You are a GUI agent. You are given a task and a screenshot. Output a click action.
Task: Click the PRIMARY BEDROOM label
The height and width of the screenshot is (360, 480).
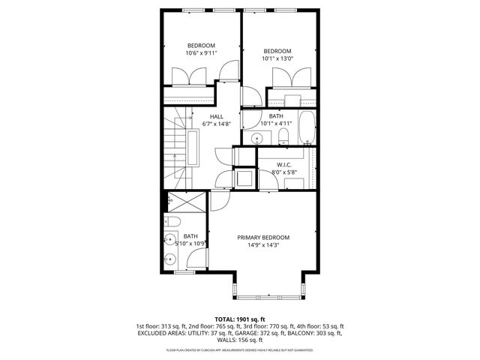pyautogui.click(x=263, y=238)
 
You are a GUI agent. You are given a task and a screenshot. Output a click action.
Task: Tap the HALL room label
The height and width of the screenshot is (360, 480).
pyautogui.click(x=216, y=116)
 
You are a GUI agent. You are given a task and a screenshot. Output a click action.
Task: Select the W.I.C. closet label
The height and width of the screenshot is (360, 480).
pyautogui.click(x=283, y=164)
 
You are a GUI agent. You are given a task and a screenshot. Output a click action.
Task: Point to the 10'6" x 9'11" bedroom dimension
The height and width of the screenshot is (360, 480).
pyautogui.click(x=201, y=53)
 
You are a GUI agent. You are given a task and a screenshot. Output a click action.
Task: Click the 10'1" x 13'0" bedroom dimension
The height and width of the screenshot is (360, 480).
pyautogui.click(x=278, y=58)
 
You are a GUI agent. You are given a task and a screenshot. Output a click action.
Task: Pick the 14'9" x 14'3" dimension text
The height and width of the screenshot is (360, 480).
pyautogui.click(x=263, y=245)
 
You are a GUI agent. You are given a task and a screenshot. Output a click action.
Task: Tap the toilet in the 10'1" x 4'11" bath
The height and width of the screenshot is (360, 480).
pyautogui.click(x=283, y=136)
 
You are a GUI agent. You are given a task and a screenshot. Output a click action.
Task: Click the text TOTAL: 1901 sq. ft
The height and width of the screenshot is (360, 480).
pyautogui.click(x=239, y=319)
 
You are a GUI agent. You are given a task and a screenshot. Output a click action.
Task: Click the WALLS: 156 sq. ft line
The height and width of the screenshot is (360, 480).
pyautogui.click(x=240, y=341)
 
